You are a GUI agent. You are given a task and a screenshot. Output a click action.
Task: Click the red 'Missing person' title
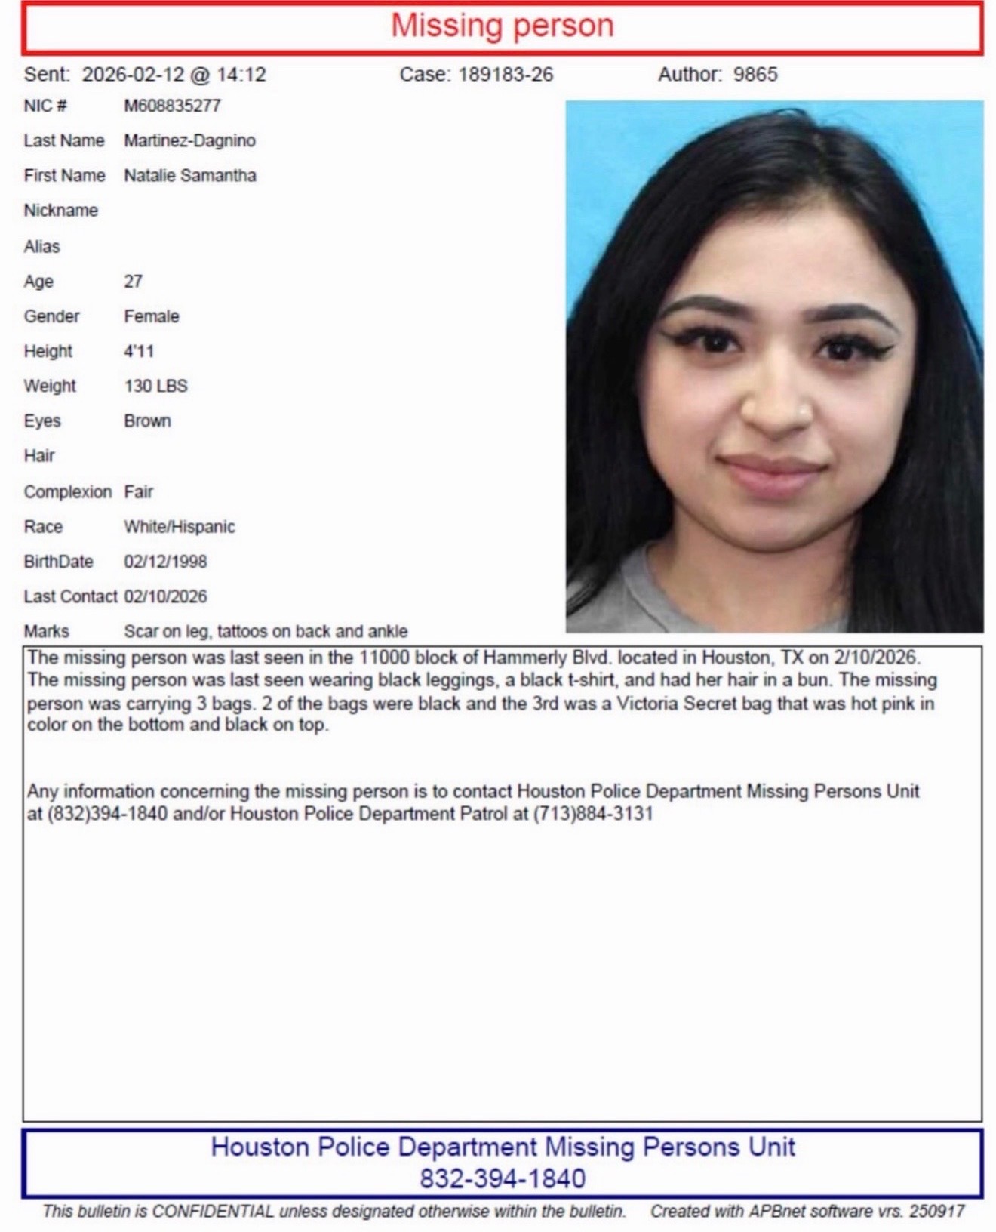click(x=502, y=26)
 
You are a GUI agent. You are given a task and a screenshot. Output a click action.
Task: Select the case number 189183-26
click(x=506, y=75)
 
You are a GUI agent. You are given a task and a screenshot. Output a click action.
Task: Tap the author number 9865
click(x=755, y=75)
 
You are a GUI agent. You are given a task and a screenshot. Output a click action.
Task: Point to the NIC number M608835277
click(x=172, y=106)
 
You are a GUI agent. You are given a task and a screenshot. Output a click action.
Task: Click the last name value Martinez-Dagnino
click(x=189, y=140)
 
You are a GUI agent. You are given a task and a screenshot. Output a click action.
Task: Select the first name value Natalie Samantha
click(x=190, y=176)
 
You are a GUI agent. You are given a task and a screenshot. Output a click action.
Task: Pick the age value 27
click(x=133, y=282)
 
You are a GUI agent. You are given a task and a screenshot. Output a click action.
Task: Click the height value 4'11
click(x=139, y=351)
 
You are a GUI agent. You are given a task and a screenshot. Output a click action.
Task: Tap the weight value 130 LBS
click(x=155, y=386)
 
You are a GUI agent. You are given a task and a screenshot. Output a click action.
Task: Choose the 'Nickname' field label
click(x=61, y=211)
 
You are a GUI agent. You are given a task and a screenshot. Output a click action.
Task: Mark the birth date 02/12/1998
click(x=165, y=562)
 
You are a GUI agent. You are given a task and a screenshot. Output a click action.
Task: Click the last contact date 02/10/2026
click(x=165, y=596)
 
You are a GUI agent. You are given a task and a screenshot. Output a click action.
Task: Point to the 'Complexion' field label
click(x=67, y=492)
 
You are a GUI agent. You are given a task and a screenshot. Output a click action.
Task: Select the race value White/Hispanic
click(x=180, y=527)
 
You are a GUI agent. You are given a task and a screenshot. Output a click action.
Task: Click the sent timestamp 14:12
click(x=241, y=75)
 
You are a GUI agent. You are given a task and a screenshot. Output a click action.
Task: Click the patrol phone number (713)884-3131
click(x=593, y=814)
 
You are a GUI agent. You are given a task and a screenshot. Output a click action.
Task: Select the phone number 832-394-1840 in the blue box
click(x=502, y=1178)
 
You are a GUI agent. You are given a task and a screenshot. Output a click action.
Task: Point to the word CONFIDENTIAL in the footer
click(x=213, y=1212)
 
